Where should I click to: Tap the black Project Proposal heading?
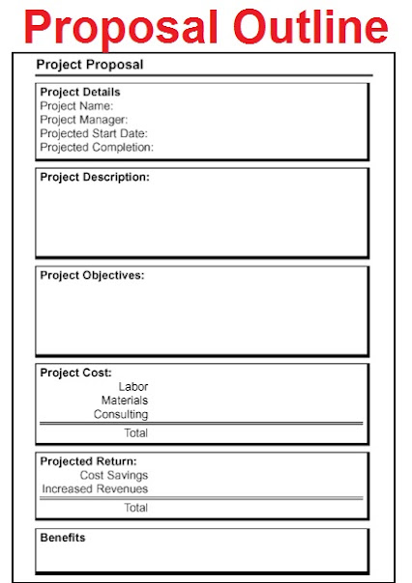[89, 65]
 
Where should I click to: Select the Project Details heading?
[80, 93]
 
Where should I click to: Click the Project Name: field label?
[76, 106]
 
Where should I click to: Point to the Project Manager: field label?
[83, 120]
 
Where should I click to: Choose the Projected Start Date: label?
[94, 133]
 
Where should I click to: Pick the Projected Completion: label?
[97, 148]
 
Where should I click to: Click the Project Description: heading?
[95, 178]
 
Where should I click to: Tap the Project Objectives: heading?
[92, 275]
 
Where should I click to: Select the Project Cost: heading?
[75, 373]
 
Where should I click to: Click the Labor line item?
[133, 386]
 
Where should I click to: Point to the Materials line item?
[125, 400]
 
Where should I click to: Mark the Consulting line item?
[121, 414]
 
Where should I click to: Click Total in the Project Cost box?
[135, 433]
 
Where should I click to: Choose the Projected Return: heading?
[88, 461]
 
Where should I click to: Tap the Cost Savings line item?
[114, 475]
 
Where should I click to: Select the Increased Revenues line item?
[95, 488]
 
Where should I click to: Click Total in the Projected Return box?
[135, 508]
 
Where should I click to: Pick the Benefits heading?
[63, 538]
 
